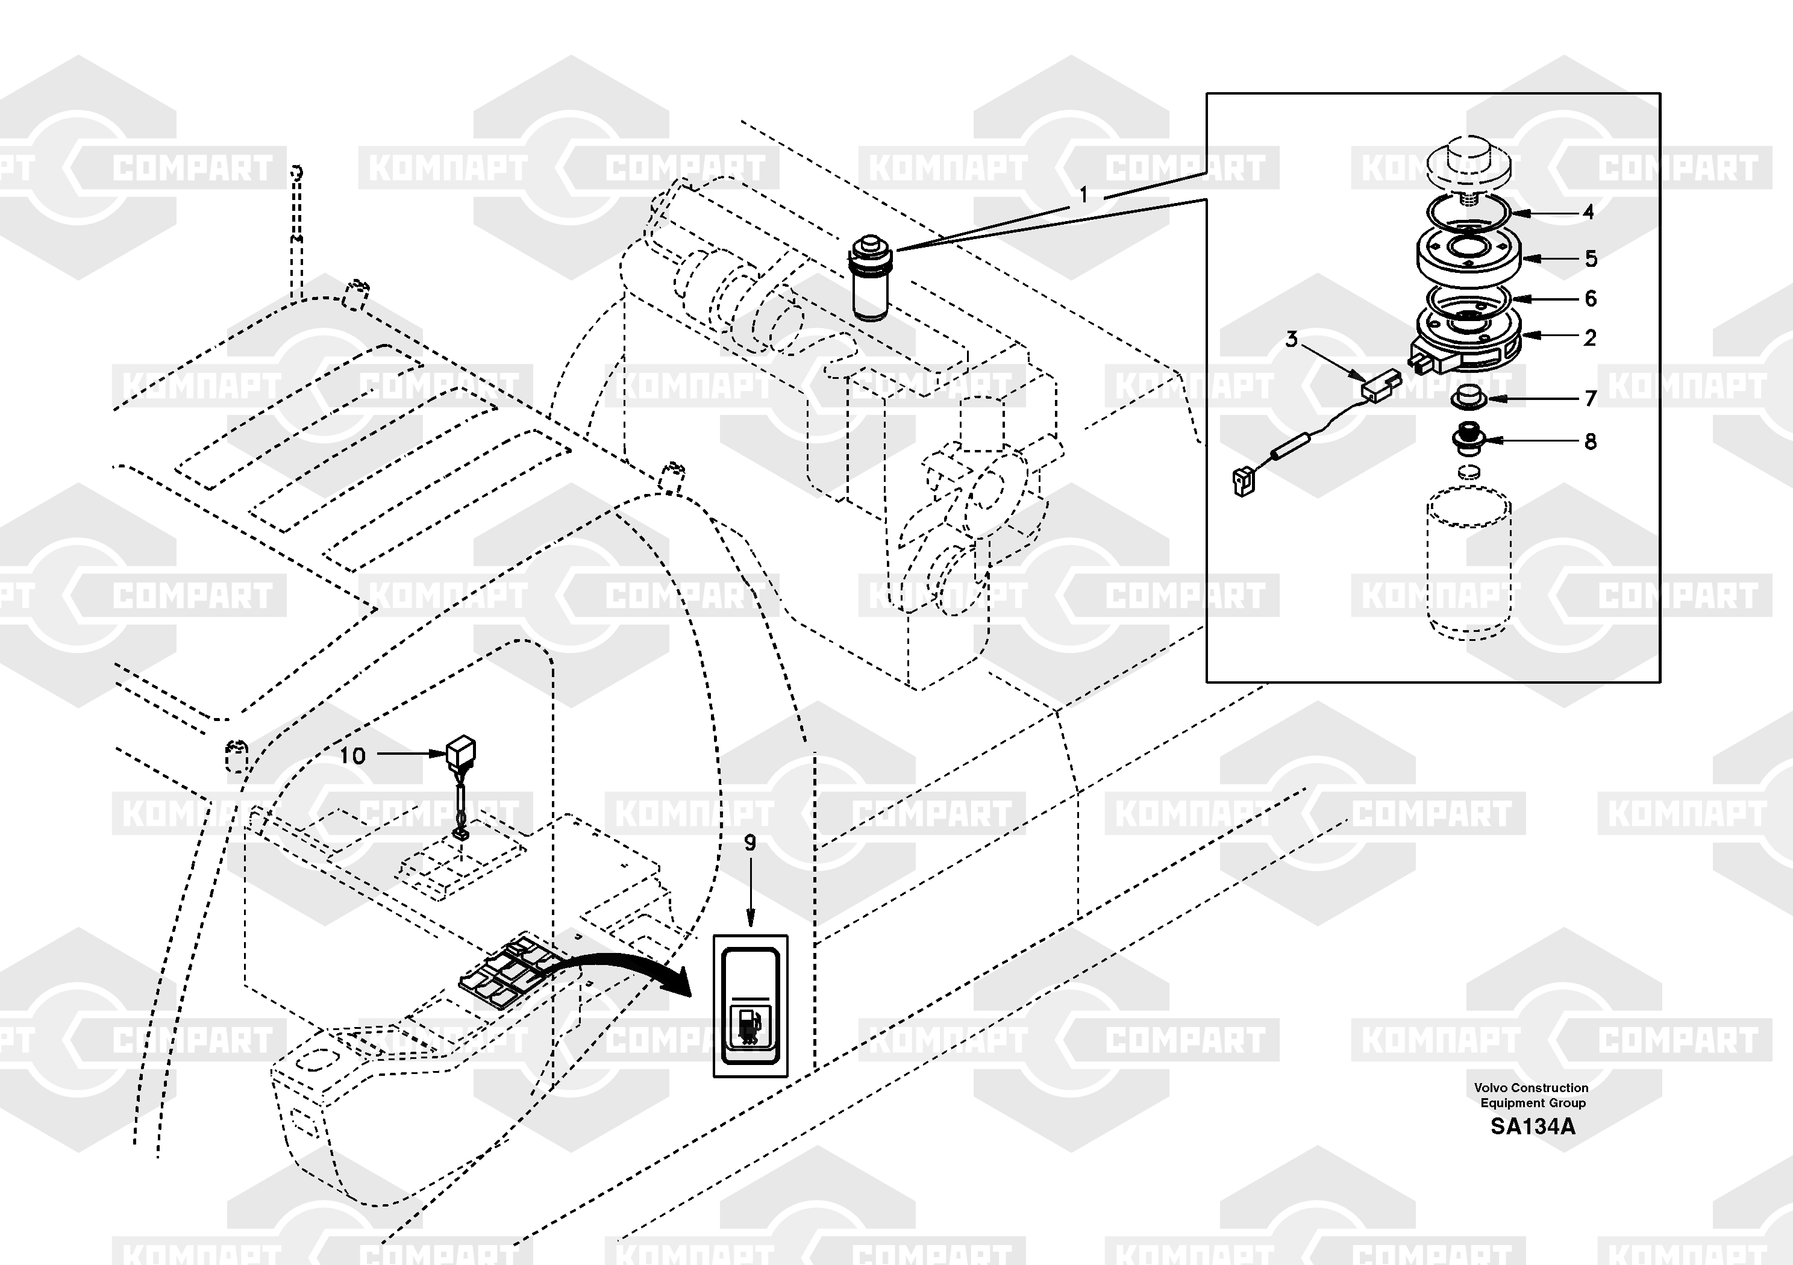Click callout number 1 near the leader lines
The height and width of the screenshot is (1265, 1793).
(x=1083, y=195)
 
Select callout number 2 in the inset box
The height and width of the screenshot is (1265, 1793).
(x=1590, y=337)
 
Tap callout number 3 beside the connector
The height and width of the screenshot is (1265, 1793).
(x=1292, y=340)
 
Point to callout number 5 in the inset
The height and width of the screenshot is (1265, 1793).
(x=1591, y=259)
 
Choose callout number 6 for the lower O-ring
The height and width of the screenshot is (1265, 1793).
(x=1590, y=298)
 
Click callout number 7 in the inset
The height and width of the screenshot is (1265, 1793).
(x=1591, y=399)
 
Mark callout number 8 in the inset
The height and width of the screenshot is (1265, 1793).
(x=1591, y=442)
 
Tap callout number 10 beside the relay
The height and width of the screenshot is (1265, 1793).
(x=352, y=755)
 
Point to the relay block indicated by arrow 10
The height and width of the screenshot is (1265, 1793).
(x=461, y=751)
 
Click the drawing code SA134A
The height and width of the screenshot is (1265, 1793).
(x=1533, y=1127)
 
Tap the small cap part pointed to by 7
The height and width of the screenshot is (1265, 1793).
(x=1468, y=396)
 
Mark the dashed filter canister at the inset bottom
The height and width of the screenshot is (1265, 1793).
(x=1469, y=562)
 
